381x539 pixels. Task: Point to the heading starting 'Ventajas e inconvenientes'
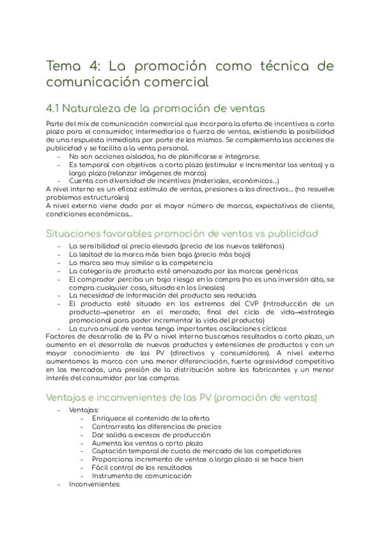tap(182, 397)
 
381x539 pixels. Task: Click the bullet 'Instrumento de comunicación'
tap(142, 475)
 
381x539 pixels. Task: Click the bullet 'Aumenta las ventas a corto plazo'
tap(147, 442)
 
